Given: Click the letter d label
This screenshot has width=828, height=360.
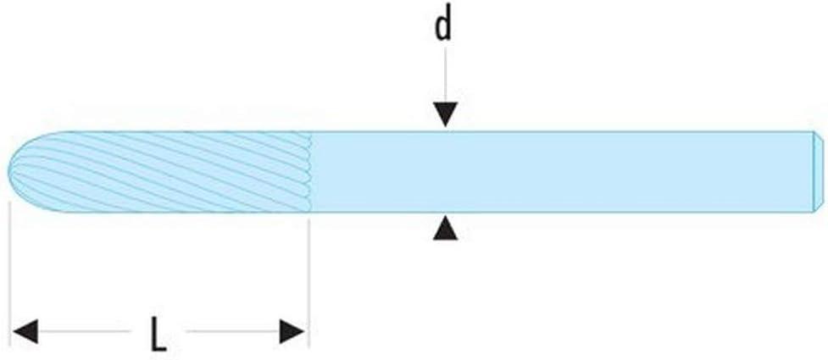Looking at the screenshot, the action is coord(443,25).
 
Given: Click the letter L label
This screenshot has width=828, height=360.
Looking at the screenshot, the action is coord(158,334).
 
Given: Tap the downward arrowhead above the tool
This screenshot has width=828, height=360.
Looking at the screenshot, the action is coord(445,114).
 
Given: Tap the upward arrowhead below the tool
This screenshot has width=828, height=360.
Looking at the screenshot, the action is coord(445,228).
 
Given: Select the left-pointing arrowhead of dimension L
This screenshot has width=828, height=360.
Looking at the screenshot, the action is coord(25,331).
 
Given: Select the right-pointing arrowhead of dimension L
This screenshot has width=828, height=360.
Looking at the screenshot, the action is coord(292,331).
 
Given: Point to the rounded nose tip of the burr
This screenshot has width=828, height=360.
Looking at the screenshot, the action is coord(8,171).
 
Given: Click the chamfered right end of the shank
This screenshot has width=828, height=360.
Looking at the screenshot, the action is coord(818,172).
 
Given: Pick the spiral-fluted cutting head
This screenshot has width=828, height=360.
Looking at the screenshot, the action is coord(158,172).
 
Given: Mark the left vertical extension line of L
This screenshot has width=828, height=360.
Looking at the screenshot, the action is coord(10,274).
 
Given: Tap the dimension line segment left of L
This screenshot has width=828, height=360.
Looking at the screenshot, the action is coord(84,331).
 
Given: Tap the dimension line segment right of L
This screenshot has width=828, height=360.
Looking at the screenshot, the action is coord(233,331).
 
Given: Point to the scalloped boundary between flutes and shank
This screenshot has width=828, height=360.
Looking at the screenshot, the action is coord(308,172).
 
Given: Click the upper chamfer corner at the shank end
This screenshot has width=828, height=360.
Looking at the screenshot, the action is coord(813,132).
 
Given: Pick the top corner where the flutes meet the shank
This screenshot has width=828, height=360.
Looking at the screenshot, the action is coord(309,132).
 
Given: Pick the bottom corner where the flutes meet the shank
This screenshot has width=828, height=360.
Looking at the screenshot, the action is coord(309,213).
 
